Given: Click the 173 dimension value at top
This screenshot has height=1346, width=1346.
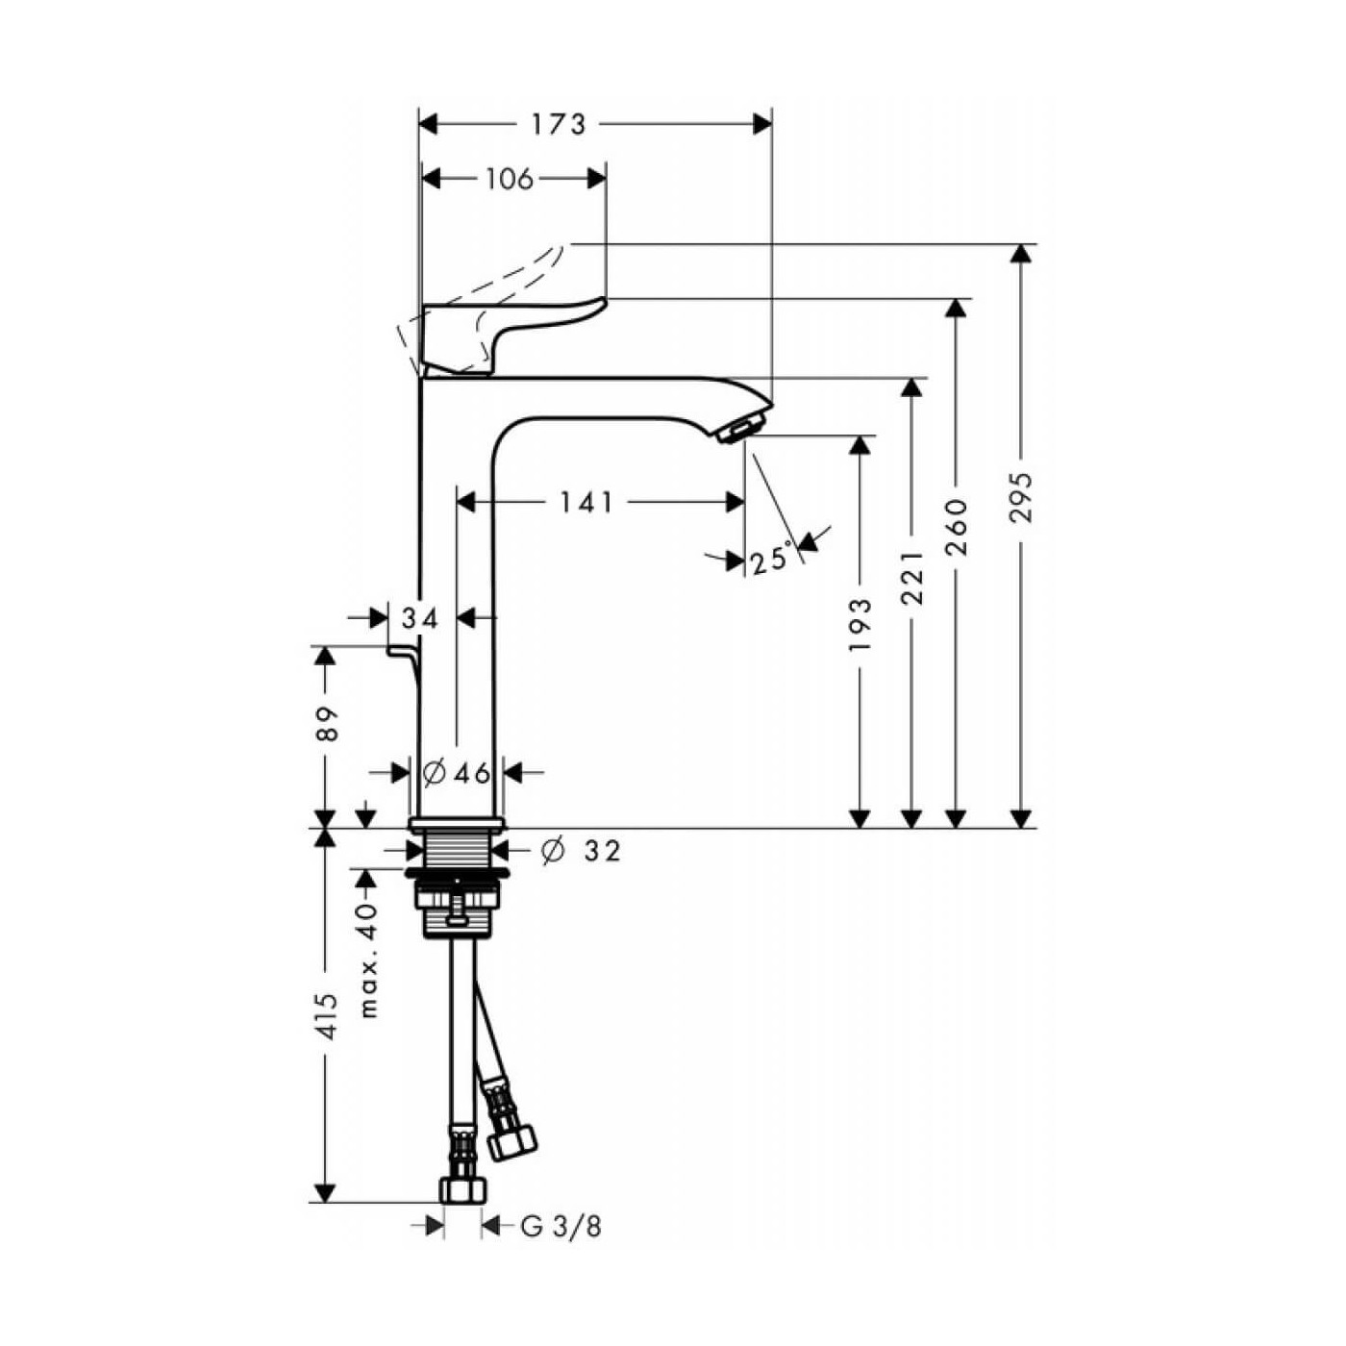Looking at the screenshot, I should [558, 124].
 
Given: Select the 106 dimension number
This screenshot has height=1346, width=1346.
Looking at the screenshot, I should [509, 179].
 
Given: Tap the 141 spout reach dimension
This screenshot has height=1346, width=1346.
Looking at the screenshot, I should [586, 502].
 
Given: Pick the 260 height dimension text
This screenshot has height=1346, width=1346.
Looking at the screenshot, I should [957, 527].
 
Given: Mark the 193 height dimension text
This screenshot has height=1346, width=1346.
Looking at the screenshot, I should [860, 624].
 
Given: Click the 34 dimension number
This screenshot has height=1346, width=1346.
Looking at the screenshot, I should [419, 618].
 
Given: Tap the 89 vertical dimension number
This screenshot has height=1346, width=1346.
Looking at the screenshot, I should [327, 723].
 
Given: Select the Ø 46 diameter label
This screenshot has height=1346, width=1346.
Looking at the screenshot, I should [458, 772].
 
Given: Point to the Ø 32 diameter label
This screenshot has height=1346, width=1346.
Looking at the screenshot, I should [582, 851].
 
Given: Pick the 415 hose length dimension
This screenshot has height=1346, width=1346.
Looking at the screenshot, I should [327, 1016].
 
